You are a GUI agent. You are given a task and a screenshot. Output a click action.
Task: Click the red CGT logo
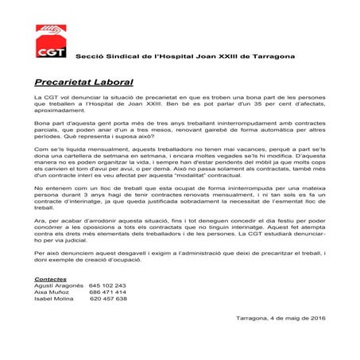point(48,45)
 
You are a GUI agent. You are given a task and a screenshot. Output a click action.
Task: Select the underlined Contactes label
point(52,280)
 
